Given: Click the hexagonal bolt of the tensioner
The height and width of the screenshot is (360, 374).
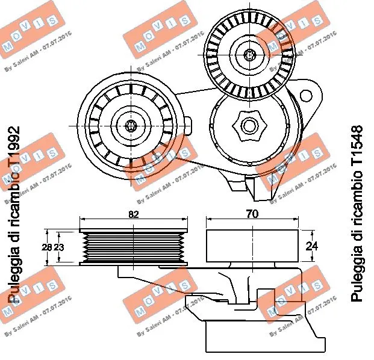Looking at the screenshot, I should point(248,126).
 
